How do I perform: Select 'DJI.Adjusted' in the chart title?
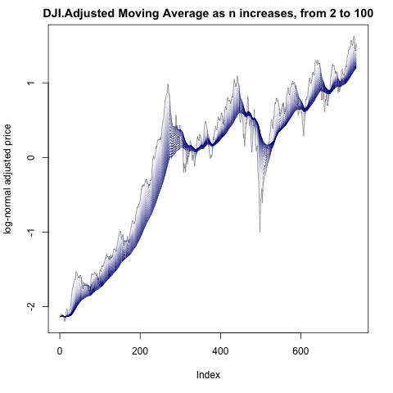pos(79,13)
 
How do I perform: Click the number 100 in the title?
pos(363,13)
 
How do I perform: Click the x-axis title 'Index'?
pos(208,375)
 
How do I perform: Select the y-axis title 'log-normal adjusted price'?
pos(7,179)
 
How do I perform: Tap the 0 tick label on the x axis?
pos(60,351)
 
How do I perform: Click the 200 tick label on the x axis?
pos(140,351)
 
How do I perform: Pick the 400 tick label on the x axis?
pos(220,351)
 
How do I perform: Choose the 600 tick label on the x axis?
pos(300,351)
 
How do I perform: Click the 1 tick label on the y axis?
pos(31,83)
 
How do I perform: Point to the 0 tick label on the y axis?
pos(31,157)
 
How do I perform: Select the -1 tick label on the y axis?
pos(31,231)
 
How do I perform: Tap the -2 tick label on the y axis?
pos(31,305)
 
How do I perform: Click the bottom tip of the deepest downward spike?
pos(260,232)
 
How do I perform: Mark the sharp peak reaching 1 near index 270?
pos(168,84)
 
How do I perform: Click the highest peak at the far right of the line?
pos(354,36)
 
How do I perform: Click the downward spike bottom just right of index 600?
pos(304,136)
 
